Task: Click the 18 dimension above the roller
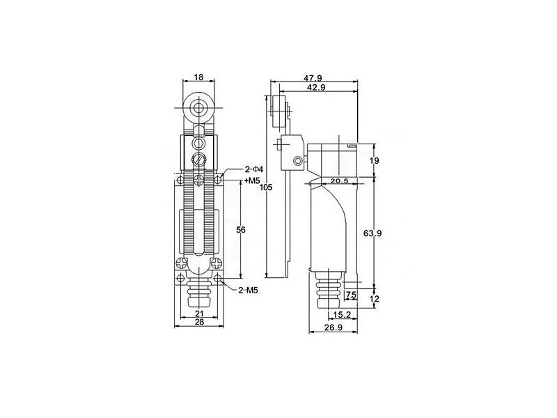click(x=198, y=77)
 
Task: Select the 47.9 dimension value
click(x=313, y=78)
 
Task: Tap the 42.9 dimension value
click(x=316, y=88)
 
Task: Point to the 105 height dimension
click(x=266, y=187)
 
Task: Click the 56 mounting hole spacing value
click(x=241, y=230)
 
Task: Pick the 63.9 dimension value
click(x=372, y=233)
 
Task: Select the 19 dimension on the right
click(x=374, y=161)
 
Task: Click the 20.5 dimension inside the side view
click(x=339, y=181)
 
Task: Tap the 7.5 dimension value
click(x=351, y=295)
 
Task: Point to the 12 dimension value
click(x=375, y=299)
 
